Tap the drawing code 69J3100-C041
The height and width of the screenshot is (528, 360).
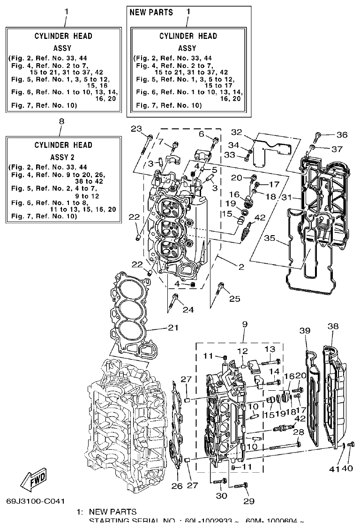point(36,500)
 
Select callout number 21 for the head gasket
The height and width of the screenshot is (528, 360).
point(173,327)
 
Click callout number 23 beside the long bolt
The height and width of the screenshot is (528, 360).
point(136,129)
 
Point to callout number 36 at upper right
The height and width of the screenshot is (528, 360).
point(342,135)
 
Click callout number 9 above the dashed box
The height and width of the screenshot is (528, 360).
point(244,324)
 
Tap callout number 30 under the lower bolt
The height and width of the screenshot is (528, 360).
point(221,496)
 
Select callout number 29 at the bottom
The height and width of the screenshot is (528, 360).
point(248,501)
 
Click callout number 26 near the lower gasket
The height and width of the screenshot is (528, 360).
point(176,486)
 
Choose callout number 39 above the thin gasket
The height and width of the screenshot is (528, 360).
point(305,331)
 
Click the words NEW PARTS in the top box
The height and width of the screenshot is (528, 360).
point(151,12)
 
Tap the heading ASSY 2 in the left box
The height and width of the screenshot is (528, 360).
point(62,157)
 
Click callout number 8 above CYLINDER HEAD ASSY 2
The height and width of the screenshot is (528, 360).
point(61,121)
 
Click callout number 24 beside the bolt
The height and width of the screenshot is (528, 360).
point(187,310)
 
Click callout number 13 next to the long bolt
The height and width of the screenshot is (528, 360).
point(270,349)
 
